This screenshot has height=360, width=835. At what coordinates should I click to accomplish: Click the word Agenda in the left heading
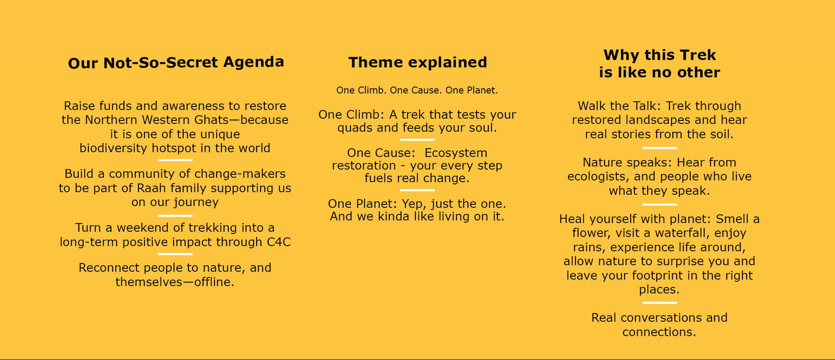pyautogui.click(x=254, y=63)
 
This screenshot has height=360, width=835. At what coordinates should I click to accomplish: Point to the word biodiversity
pyautogui.click(x=114, y=148)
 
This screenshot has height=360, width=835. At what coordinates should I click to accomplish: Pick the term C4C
pyautogui.click(x=279, y=242)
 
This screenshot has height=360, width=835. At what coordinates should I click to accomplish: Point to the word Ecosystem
pyautogui.click(x=456, y=153)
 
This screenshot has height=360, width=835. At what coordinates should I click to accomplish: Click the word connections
pyautogui.click(x=659, y=332)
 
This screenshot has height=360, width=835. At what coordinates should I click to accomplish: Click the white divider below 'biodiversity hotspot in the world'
pyautogui.click(x=175, y=160)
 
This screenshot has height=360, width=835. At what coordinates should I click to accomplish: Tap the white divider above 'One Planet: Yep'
pyautogui.click(x=417, y=190)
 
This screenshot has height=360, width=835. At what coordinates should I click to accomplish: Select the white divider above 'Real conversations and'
pyautogui.click(x=659, y=303)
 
